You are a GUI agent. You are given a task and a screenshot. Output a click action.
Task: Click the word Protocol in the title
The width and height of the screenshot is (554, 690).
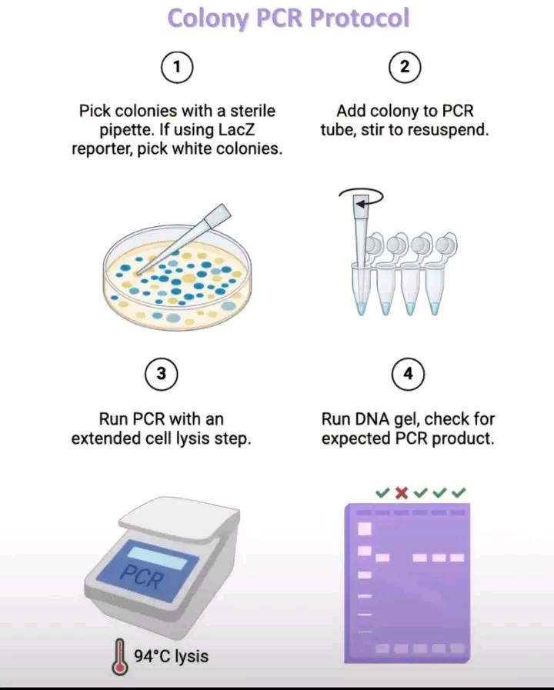coord(359,18)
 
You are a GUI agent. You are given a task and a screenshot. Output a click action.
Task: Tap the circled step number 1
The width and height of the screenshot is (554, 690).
coord(177,67)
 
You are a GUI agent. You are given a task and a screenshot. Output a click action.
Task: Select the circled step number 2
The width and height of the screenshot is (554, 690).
coord(405,67)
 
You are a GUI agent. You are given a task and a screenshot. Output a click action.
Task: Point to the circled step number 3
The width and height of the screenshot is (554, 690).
coord(162,374)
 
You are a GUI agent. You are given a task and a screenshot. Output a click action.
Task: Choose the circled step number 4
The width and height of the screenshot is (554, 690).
coord(408,374)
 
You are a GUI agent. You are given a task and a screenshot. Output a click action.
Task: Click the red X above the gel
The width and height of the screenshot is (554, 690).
coord(402,492)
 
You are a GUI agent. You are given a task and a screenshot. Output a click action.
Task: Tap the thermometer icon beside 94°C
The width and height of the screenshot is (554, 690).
coord(119,658)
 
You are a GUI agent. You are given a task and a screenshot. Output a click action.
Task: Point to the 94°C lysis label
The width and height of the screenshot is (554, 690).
coord(171,656)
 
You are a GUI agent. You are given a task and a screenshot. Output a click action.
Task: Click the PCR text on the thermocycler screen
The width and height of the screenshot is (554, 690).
coord(142,577)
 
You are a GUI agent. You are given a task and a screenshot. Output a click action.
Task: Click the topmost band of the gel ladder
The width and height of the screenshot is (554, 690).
coord(365,528)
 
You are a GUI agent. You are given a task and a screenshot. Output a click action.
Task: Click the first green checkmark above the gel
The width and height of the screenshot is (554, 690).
coord(382,492)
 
